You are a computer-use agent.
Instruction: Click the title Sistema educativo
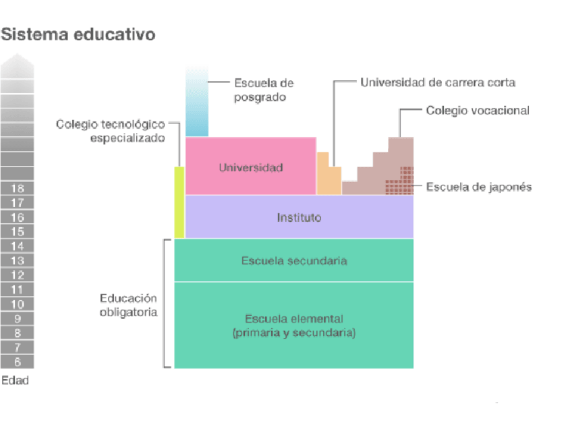pyautogui.click(x=78, y=34)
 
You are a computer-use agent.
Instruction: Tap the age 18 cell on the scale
pyautogui.click(x=18, y=188)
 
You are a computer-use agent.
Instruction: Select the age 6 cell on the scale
pyautogui.click(x=18, y=362)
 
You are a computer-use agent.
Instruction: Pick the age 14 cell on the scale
pyautogui.click(x=18, y=246)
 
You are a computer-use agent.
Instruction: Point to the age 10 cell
pyautogui.click(x=18, y=304)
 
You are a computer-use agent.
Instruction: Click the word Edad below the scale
pyautogui.click(x=16, y=381)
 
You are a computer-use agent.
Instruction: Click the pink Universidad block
pyautogui.click(x=250, y=167)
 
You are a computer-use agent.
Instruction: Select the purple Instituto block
pyautogui.click(x=299, y=217)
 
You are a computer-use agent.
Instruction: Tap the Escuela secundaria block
pyautogui.click(x=294, y=260)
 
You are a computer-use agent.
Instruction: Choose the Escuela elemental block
pyautogui.click(x=294, y=325)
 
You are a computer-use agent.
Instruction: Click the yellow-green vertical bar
pyautogui.click(x=179, y=202)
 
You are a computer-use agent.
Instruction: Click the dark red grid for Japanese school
pyautogui.click(x=399, y=181)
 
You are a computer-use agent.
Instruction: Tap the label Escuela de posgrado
pyautogui.click(x=264, y=90)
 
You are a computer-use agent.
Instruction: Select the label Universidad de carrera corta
pyautogui.click(x=437, y=82)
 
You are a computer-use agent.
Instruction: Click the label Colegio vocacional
pyautogui.click(x=478, y=110)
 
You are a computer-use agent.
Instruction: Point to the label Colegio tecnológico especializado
pyautogui.click(x=111, y=132)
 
